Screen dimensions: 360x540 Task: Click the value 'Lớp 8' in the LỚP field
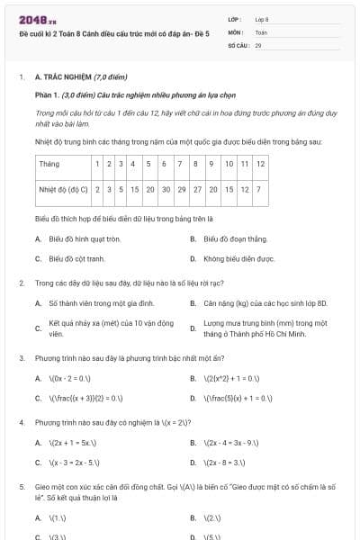262,18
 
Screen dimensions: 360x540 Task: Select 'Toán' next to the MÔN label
262,31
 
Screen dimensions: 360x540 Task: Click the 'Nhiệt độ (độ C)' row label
63,190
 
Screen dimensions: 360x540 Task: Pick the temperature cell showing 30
166,190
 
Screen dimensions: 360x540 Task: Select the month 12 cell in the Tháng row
260,165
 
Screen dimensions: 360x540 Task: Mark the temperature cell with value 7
259,190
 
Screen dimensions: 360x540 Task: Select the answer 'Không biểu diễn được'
238,258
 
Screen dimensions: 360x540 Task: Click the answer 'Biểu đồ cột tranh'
76,258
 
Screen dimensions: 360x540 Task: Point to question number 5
22,486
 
